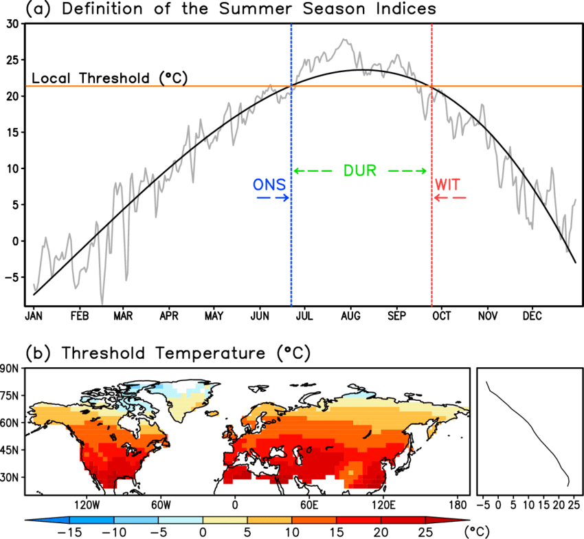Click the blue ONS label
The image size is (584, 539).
point(269,184)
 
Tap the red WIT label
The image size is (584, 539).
point(448,184)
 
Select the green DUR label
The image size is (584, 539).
point(360,170)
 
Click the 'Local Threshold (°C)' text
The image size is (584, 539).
point(109,78)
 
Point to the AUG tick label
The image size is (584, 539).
point(350,316)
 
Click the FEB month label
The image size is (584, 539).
point(80,316)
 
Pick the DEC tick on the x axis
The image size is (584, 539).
point(532,316)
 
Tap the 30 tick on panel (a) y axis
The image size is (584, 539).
point(12,24)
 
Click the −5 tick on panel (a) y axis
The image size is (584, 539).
point(12,277)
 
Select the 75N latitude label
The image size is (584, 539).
point(10,395)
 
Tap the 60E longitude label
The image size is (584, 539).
point(309,505)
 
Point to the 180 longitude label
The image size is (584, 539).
point(458,505)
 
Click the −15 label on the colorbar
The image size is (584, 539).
point(69,532)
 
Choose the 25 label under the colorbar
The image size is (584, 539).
point(425,532)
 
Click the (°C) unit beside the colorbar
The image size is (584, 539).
point(477,531)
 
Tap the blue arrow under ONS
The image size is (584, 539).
point(273,197)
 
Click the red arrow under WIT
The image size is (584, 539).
point(450,197)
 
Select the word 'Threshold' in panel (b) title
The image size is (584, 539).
point(103,353)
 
